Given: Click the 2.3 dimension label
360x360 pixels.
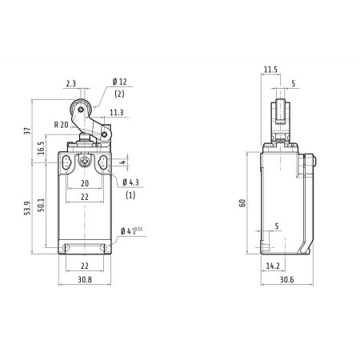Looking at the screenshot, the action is [x=71, y=84].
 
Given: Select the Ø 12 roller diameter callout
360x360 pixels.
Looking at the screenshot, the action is [x=120, y=82].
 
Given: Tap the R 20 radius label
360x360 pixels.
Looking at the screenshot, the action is [x=62, y=125].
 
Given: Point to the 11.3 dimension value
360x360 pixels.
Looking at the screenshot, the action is [x=117, y=113].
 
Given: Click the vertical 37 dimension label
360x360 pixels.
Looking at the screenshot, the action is [x=28, y=131].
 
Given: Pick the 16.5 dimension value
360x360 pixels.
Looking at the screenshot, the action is [x=41, y=148].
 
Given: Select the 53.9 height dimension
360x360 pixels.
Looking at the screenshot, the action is [x=28, y=208].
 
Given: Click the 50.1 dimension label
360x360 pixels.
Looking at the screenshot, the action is [x=41, y=205].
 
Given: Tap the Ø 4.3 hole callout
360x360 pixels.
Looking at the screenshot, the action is [x=131, y=182].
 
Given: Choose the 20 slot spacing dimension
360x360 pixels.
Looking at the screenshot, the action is [x=85, y=183].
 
